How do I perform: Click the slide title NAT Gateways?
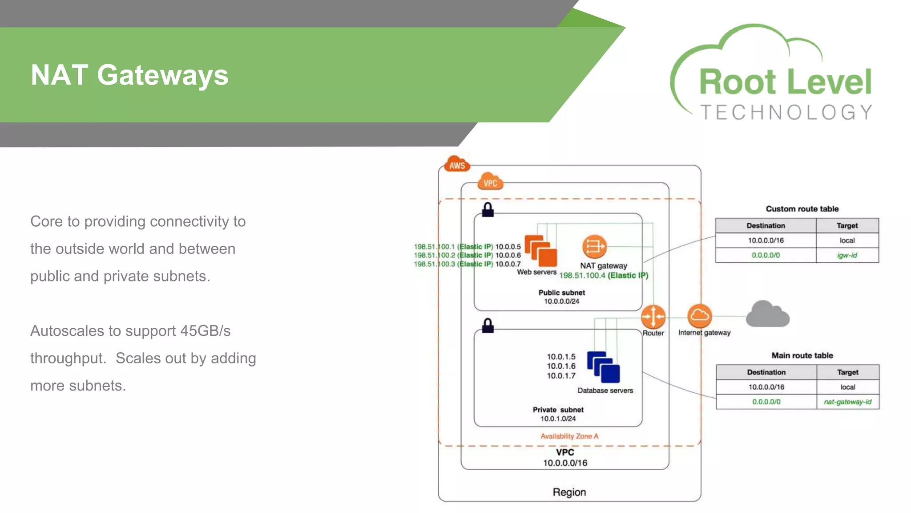click(x=129, y=75)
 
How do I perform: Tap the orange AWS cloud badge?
click(x=457, y=164)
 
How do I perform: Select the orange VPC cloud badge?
click(x=490, y=182)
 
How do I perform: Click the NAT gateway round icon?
click(x=594, y=246)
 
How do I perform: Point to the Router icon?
click(x=653, y=317)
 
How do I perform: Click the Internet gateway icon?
click(x=699, y=316)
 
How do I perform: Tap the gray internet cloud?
click(x=767, y=314)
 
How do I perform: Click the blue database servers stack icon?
click(x=604, y=367)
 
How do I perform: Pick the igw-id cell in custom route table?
click(x=847, y=255)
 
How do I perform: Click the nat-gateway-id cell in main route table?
click(x=847, y=402)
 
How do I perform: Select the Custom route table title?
click(x=802, y=209)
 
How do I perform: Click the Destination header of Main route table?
click(x=766, y=372)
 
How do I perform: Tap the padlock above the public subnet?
click(x=488, y=210)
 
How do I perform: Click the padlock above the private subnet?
click(x=488, y=326)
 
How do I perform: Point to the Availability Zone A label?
click(x=569, y=436)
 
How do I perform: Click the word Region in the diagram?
click(x=569, y=492)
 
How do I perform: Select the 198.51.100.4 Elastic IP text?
click(x=603, y=275)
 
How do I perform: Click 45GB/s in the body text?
click(x=205, y=331)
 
